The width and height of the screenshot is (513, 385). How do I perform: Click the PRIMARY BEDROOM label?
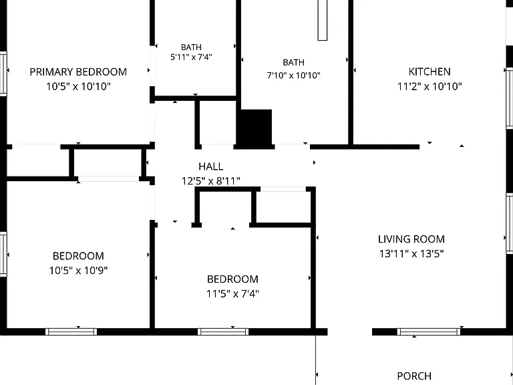(x=78, y=72)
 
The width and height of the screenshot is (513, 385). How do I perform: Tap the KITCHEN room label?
(x=430, y=72)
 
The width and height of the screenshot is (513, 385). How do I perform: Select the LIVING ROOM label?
(x=411, y=239)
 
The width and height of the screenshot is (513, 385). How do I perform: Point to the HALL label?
(x=211, y=166)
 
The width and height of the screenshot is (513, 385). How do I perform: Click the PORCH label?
(x=414, y=376)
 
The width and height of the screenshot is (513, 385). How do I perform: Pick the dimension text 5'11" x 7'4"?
(x=191, y=57)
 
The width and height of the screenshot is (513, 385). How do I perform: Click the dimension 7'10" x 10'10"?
(x=293, y=76)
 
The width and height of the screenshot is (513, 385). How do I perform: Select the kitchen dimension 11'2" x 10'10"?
(x=430, y=86)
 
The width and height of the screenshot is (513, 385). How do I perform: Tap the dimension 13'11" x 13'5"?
(x=411, y=254)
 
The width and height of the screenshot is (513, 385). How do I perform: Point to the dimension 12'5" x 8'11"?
(x=211, y=180)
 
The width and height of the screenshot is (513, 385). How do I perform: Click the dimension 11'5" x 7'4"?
(x=232, y=293)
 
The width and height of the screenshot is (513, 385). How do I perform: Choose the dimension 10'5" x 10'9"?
(x=78, y=271)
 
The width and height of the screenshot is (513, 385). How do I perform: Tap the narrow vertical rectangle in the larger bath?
(x=322, y=20)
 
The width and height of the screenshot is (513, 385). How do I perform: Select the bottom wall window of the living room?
(x=429, y=332)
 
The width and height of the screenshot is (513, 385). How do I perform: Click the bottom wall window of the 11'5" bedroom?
(x=223, y=332)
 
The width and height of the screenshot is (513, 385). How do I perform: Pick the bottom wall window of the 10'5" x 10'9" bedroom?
(x=71, y=332)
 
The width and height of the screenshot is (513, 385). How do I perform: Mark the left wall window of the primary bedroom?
(x=3, y=74)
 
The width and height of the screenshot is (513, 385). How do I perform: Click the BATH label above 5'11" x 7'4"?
(x=191, y=47)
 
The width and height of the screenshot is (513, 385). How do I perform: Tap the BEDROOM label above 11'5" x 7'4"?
(x=232, y=279)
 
